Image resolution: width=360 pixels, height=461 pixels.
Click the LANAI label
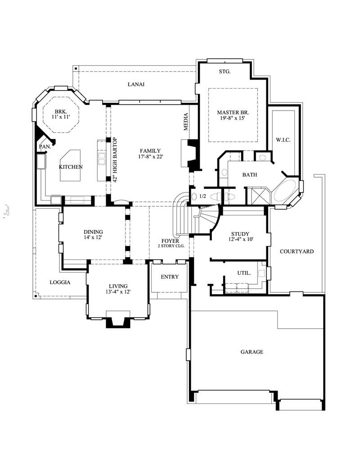[136, 84]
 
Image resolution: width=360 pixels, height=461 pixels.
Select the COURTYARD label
[297, 251]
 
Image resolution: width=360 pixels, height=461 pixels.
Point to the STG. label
[225, 72]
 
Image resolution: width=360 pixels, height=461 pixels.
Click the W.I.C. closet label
[283, 140]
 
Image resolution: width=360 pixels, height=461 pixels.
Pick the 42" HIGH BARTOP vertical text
[115, 160]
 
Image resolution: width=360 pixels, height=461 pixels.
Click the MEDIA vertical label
[185, 121]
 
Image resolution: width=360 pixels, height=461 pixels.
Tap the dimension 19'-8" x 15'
[233, 119]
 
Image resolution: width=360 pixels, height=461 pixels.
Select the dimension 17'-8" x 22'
[150, 157]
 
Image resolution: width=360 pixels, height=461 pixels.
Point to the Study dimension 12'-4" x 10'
[240, 240]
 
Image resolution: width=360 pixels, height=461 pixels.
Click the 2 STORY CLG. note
[171, 246]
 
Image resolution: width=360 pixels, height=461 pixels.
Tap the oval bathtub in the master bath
[286, 191]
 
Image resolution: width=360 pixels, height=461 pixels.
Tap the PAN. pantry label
[45, 146]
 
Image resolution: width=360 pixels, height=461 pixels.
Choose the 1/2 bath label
[202, 197]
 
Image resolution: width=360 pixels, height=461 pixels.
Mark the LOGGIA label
[60, 282]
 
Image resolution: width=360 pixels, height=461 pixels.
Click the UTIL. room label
[244, 273]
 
